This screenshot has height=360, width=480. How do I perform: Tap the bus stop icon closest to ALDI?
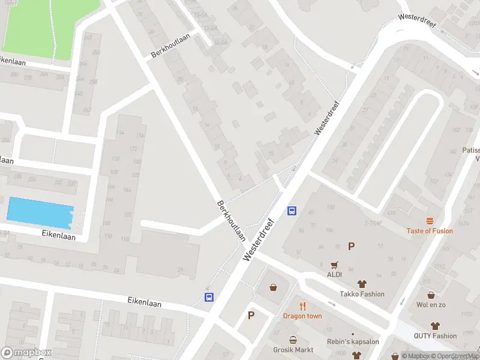[x=292, y=211]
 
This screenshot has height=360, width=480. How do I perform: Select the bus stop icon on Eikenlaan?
[x=209, y=297]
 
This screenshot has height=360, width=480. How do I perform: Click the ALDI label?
[x=334, y=274]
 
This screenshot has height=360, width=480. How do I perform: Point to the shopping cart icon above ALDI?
[x=334, y=264]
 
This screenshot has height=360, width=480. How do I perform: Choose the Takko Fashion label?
[x=362, y=294]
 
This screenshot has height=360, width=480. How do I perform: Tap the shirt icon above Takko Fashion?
[x=362, y=284]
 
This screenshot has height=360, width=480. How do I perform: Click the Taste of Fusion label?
[x=430, y=231]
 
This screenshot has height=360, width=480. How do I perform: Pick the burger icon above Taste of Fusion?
[x=430, y=221]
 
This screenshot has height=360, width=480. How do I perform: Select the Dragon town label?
[x=302, y=316]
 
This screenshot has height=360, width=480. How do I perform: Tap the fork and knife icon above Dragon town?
[x=303, y=306]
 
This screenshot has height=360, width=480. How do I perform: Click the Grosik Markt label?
[x=293, y=350]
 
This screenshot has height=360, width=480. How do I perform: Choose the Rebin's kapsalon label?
[x=353, y=342]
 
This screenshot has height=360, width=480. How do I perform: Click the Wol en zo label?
[x=431, y=305]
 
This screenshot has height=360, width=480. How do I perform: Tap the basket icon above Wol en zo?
[x=431, y=295]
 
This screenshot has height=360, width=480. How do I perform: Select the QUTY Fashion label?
[x=435, y=336]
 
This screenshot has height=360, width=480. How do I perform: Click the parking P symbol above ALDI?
[x=351, y=246]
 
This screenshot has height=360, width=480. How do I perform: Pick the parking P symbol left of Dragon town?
[x=251, y=315]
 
